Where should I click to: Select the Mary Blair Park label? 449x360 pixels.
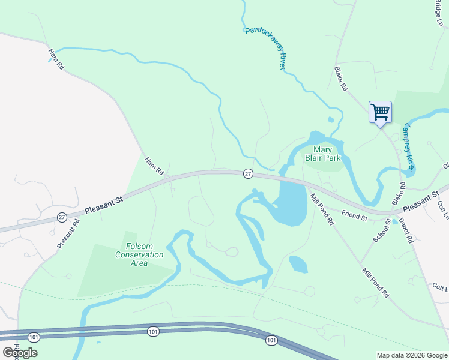327,154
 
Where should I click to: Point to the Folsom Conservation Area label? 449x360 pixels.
139,254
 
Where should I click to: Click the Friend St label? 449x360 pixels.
354,215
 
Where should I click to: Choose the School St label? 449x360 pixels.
382,230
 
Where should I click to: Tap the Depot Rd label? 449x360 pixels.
406,230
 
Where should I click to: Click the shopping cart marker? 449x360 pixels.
380,112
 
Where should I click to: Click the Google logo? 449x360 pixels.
20,353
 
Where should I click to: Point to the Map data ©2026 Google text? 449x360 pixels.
412,355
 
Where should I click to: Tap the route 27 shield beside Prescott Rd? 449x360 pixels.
62,217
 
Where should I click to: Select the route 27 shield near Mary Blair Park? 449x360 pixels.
248,173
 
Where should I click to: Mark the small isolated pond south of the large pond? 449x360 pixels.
298,263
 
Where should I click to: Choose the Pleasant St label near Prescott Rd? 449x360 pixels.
103,203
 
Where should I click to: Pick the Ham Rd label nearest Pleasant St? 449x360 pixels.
154,166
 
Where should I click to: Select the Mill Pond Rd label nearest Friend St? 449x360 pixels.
322,209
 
